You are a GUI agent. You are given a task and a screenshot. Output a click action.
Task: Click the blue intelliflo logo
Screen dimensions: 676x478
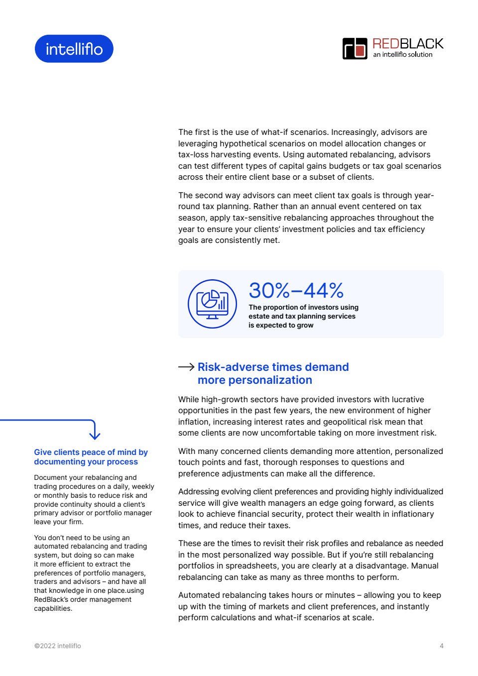coord(74,49)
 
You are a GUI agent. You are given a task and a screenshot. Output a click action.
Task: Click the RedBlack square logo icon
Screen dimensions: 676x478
coord(355,49)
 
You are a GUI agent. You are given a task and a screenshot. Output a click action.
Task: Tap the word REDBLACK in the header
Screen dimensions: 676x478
coord(408,44)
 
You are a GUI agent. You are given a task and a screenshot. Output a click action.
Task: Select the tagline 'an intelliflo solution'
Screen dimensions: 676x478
coord(403,55)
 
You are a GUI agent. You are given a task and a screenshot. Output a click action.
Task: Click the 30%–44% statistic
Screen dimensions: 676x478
coord(296,290)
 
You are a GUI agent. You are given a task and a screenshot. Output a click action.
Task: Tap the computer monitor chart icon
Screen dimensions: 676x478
coord(212,304)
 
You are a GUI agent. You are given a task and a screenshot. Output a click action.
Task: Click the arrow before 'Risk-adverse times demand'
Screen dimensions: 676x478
coord(186,367)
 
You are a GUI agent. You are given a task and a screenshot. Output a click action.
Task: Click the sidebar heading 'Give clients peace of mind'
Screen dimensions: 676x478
coord(91,452)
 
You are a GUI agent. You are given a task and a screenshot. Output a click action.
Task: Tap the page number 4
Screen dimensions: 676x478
coord(442,646)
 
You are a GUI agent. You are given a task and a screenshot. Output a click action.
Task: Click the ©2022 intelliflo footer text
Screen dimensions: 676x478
coord(57,646)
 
